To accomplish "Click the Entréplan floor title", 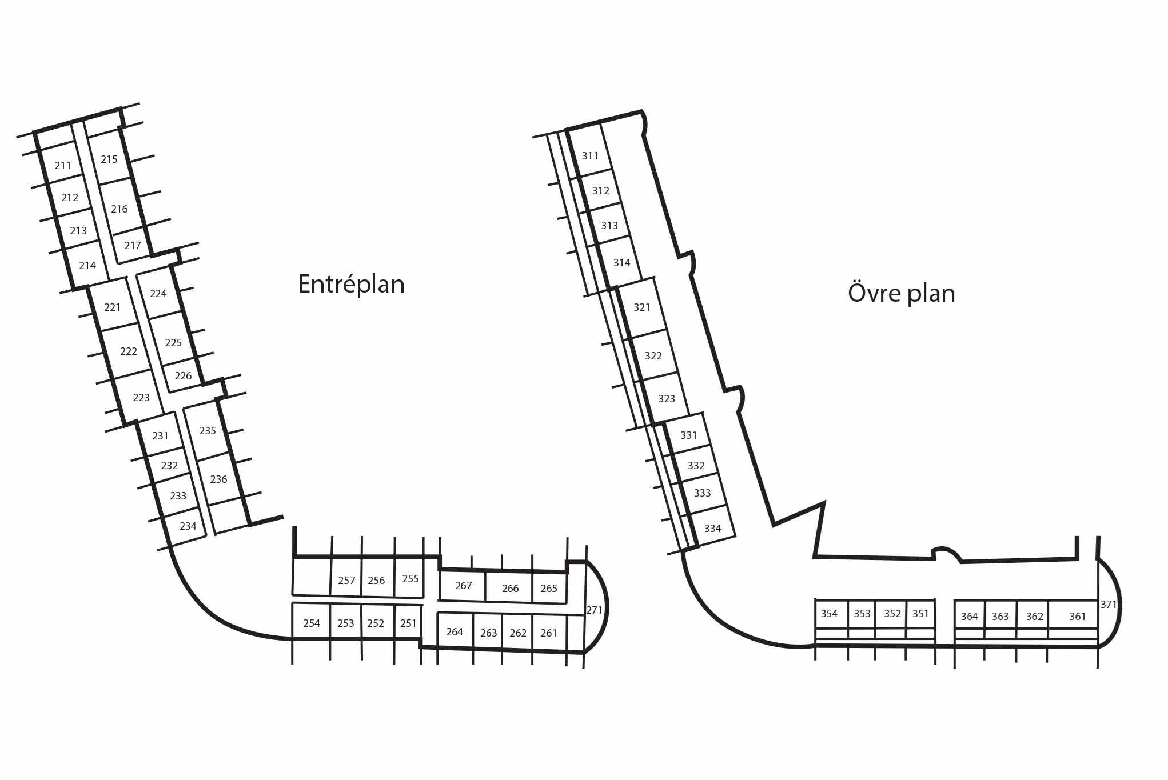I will tap(351, 284).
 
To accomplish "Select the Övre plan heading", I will tap(901, 293).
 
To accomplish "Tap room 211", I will tap(63, 166).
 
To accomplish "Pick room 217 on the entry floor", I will tap(133, 246).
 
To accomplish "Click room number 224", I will tap(158, 294).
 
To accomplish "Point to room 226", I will tap(183, 376).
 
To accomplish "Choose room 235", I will tap(208, 431).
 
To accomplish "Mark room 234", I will tap(188, 526).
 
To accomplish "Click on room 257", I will tap(346, 581).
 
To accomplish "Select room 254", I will tap(312, 623).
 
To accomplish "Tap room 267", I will tap(464, 586).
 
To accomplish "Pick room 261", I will tap(549, 633).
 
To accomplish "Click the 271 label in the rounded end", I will tap(595, 610).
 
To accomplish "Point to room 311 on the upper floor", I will tap(590, 156).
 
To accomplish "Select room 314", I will tap(622, 263).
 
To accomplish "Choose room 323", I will tap(667, 399).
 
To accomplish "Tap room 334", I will tap(712, 529).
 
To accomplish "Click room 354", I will tap(829, 614).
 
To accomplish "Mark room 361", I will tap(1077, 617).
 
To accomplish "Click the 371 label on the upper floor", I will tap(1109, 605).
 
